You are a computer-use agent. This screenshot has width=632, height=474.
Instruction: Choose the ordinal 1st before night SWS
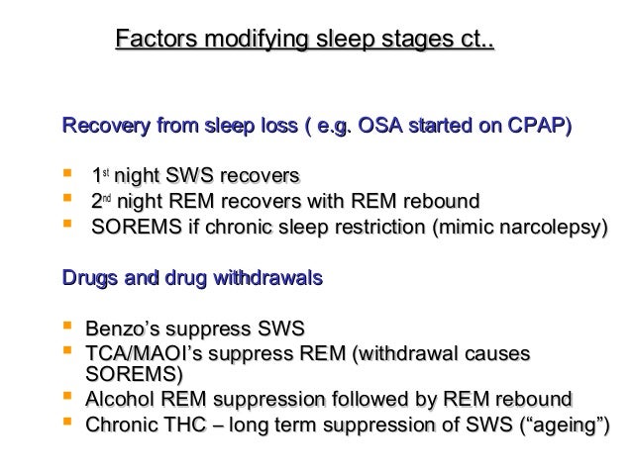[x=100, y=176]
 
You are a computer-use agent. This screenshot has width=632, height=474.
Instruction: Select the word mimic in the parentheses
[x=458, y=227]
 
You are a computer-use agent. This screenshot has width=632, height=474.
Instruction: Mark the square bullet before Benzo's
[x=67, y=327]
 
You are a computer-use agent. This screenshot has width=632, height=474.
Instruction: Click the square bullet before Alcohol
[x=67, y=399]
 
